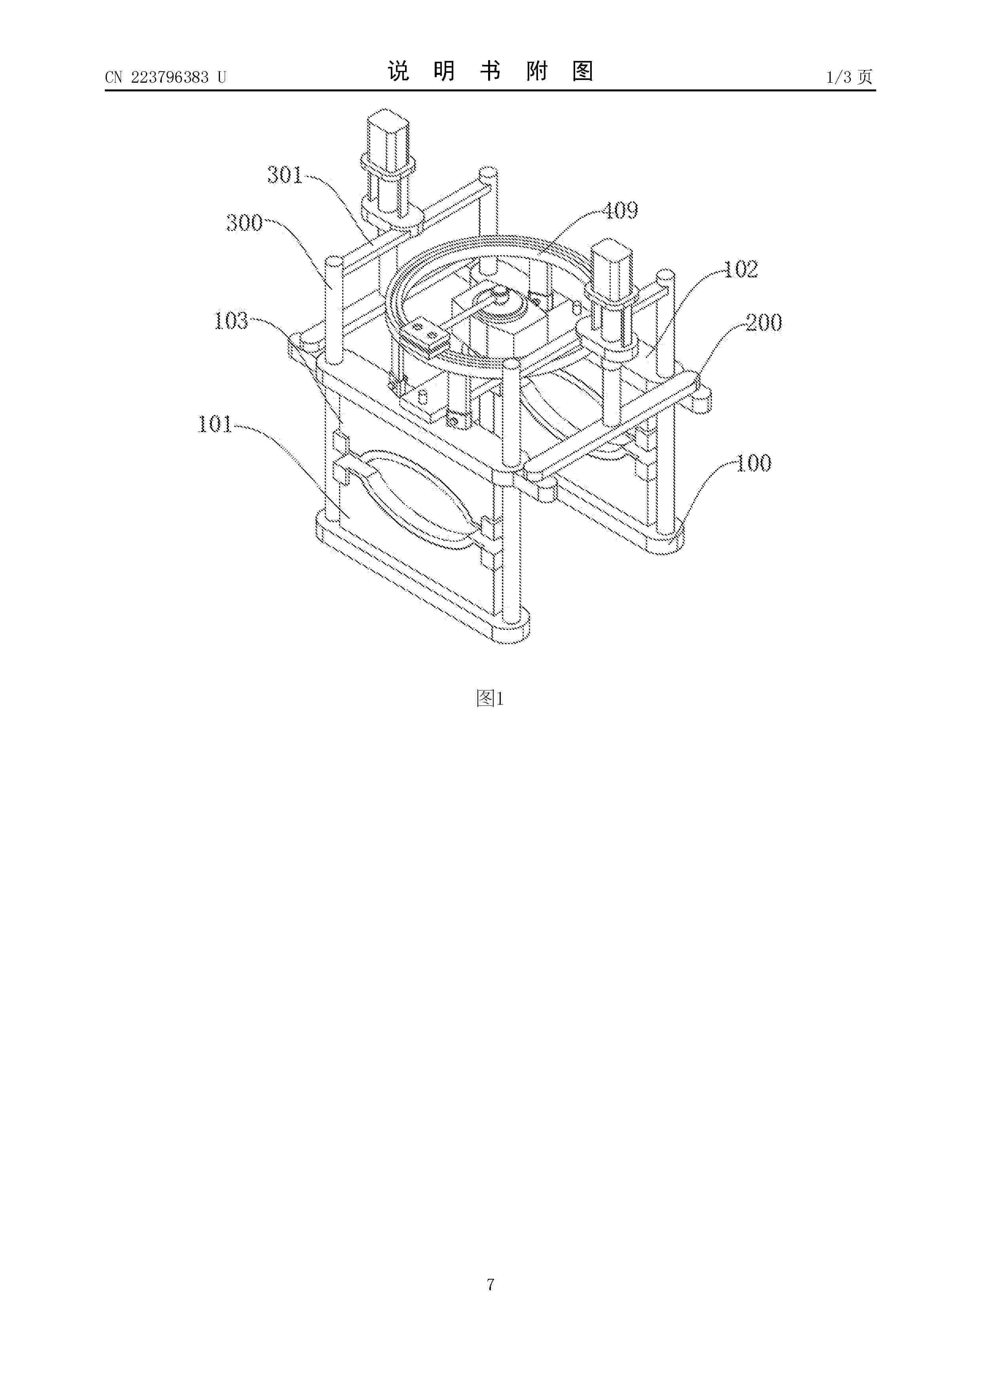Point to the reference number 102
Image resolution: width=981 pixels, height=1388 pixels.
click(740, 269)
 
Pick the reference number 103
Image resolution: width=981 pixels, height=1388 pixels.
click(231, 320)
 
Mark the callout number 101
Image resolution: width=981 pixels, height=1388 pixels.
click(215, 425)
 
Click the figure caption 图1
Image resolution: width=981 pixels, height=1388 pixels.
click(490, 698)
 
